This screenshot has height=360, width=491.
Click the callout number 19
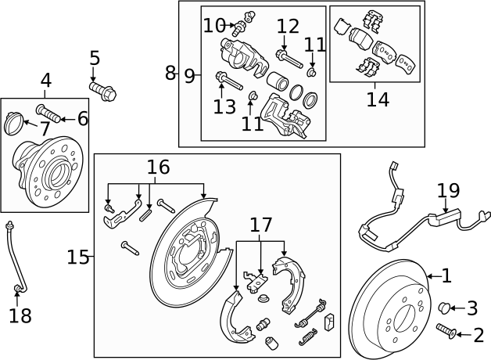[448, 190]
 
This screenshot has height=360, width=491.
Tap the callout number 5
[95, 58]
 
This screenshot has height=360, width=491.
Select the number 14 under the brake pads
[378, 99]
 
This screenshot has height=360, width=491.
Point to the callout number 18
[20, 315]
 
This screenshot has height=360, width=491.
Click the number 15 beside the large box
[78, 257]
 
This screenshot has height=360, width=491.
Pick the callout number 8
[170, 74]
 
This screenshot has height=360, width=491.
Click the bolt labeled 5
[106, 92]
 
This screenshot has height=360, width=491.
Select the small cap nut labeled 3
[444, 308]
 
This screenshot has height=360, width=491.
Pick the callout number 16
[158, 167]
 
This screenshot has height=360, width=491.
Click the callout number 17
[261, 225]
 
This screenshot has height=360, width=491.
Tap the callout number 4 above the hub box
[46, 80]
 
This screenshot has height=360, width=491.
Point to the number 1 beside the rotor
[446, 275]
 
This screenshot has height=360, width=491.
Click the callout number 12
[288, 26]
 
